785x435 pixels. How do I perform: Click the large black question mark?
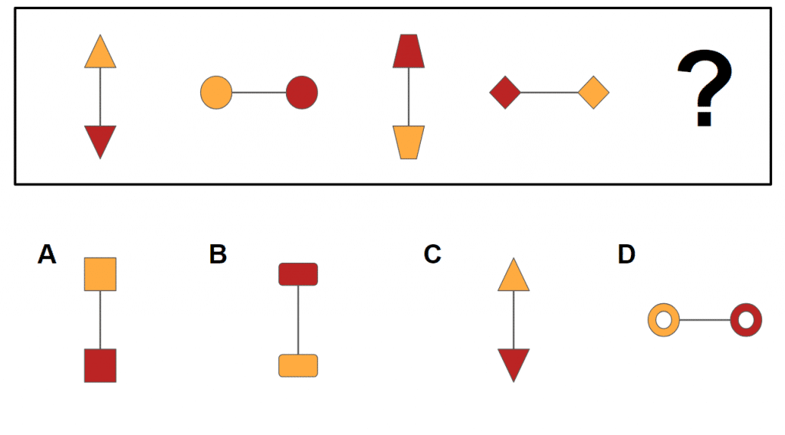click(702, 90)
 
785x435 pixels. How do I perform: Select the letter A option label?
click(47, 254)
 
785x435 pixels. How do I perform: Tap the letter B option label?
click(218, 254)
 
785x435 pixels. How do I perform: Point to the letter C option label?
click(432, 254)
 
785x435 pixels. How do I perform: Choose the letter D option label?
click(626, 254)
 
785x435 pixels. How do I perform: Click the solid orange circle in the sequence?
click(216, 93)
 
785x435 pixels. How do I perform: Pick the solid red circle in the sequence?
click(302, 93)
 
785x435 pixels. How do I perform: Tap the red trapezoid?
click(409, 51)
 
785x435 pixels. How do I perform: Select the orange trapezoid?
click(409, 142)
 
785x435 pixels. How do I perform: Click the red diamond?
click(505, 93)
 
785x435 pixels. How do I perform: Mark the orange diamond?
click(593, 93)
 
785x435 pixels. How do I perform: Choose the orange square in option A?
click(100, 274)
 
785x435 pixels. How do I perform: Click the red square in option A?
click(100, 365)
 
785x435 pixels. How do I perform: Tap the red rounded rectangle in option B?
click(298, 273)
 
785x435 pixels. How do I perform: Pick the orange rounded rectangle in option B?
click(298, 365)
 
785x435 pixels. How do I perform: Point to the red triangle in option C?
click(514, 363)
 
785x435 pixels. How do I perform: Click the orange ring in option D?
click(664, 319)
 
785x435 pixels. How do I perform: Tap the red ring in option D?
click(746, 319)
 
